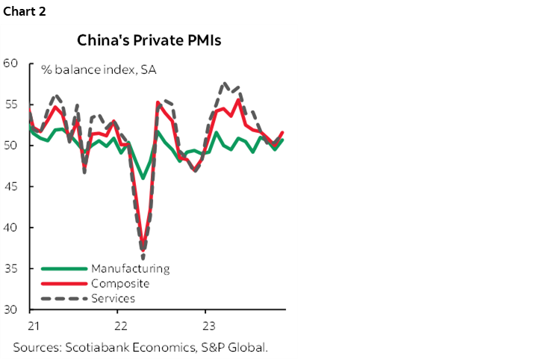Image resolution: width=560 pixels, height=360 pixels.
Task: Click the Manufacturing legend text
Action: pyautogui.click(x=130, y=268)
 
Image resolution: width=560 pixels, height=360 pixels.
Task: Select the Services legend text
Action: pyautogui.click(x=113, y=298)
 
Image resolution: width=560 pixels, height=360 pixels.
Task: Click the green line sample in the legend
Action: pyautogui.click(x=64, y=268)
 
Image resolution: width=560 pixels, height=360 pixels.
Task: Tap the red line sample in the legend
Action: pyautogui.click(x=64, y=283)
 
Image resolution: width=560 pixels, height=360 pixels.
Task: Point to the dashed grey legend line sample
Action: pyautogui.click(x=64, y=298)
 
